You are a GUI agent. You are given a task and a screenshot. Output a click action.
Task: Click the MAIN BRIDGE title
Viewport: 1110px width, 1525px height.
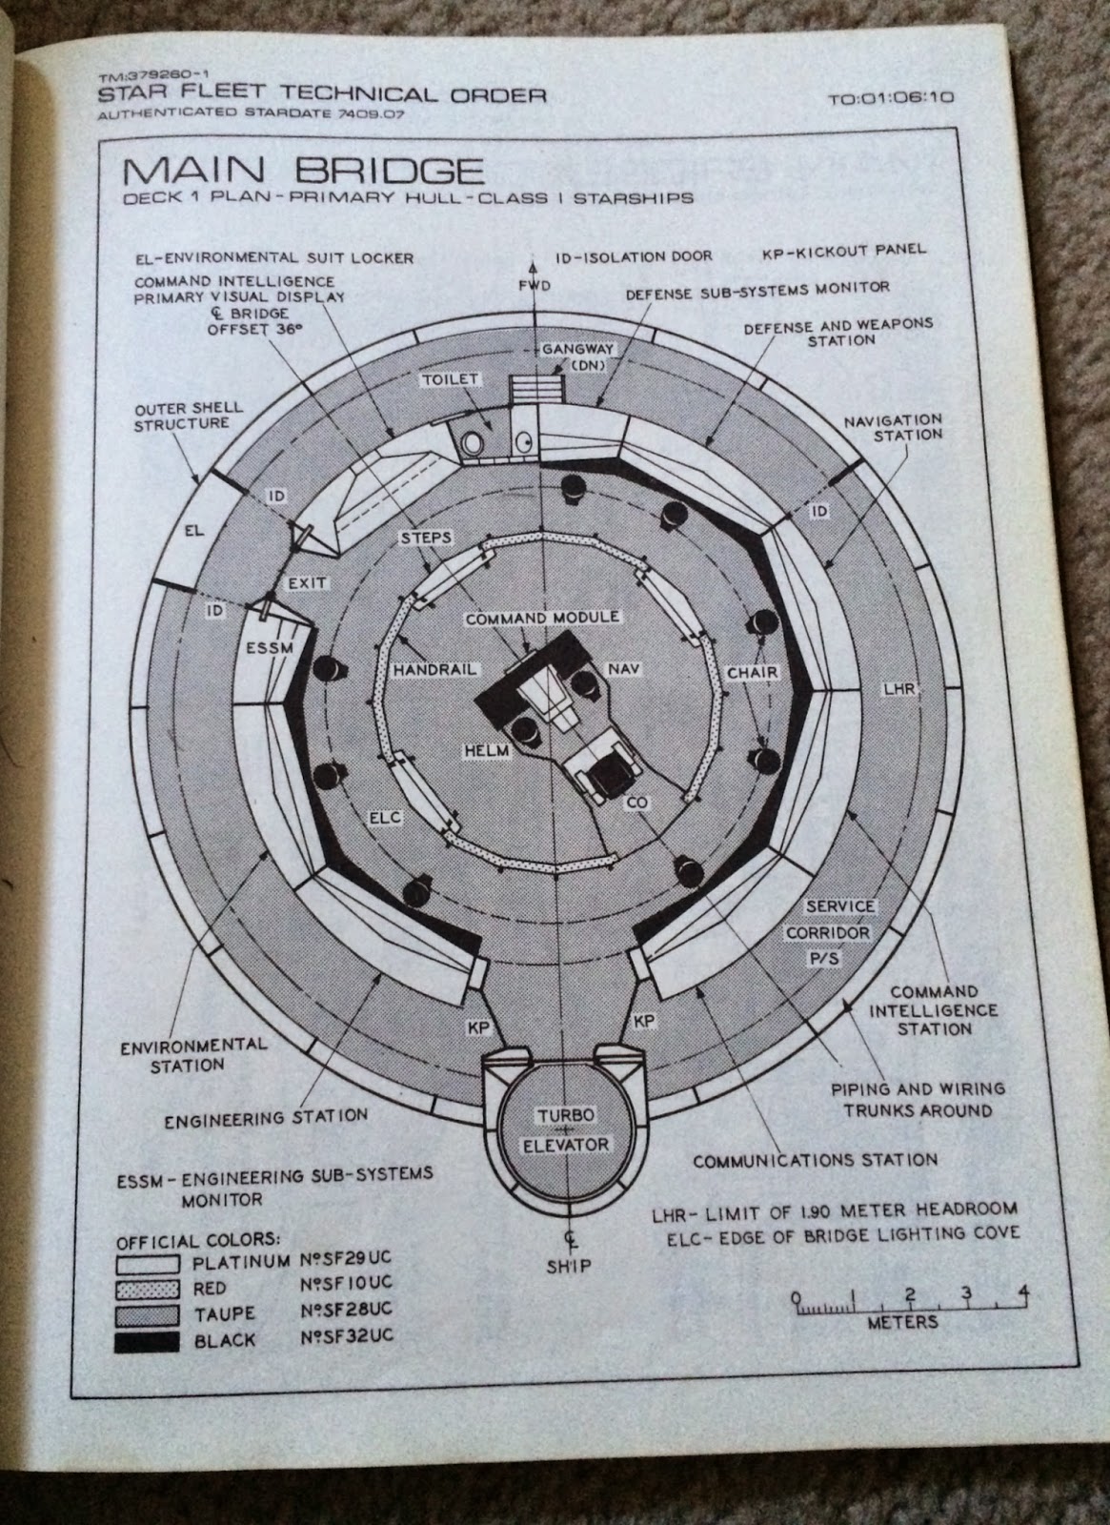(x=302, y=173)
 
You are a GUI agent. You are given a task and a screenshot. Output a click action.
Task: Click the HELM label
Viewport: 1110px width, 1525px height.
(x=489, y=751)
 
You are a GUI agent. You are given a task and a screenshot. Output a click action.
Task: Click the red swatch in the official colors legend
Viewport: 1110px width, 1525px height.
(x=147, y=1289)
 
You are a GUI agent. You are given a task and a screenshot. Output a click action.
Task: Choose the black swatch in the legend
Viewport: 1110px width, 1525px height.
(x=147, y=1341)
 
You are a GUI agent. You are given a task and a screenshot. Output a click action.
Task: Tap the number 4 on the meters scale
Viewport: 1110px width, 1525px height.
(x=1023, y=1293)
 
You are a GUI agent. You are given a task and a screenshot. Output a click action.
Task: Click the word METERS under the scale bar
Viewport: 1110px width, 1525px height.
(x=902, y=1322)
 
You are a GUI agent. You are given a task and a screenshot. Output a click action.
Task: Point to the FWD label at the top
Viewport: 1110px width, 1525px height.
(x=537, y=287)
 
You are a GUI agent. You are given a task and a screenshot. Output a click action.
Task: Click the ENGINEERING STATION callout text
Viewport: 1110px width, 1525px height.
(x=266, y=1117)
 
